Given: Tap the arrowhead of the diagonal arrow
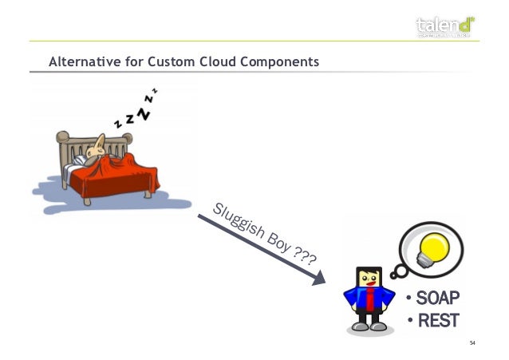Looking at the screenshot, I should (319, 279).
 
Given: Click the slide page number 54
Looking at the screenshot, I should (472, 343).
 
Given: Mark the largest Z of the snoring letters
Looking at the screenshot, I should (144, 114).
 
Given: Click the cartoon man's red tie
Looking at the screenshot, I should (369, 301).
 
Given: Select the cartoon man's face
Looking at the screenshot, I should (369, 279).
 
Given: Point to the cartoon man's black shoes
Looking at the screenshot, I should (369, 326).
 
